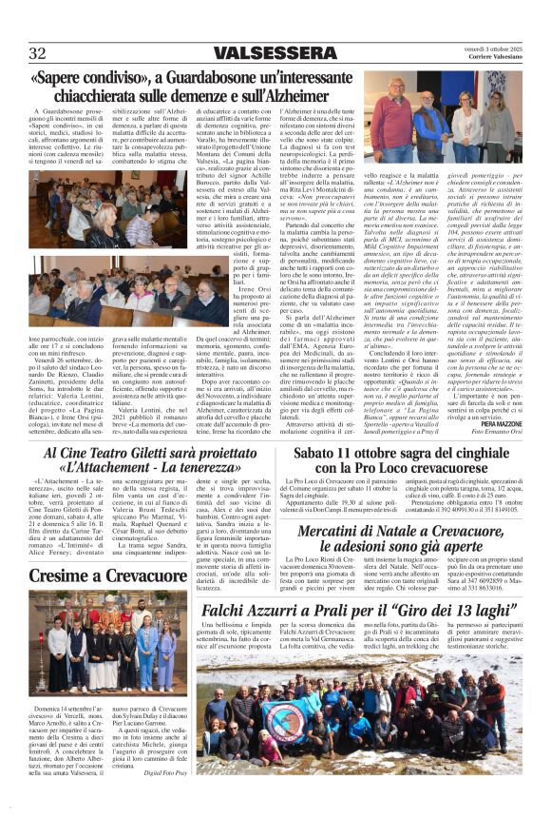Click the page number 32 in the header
pyautogui.click(x=37, y=52)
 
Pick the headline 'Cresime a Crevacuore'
pyautogui.click(x=95, y=576)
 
